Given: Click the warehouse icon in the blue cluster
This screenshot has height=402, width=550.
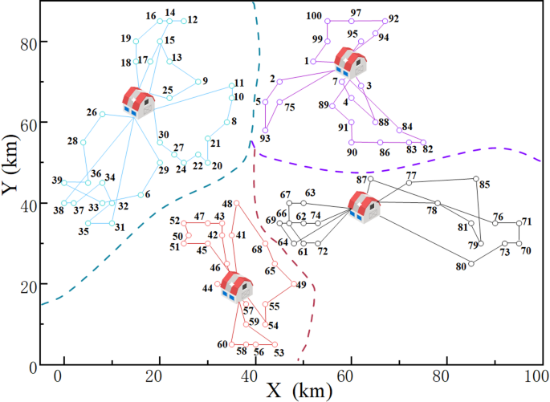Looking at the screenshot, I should tap(138, 103).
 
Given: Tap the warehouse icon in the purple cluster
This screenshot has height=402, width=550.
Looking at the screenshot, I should tap(349, 62).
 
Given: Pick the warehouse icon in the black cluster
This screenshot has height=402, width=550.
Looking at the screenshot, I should tap(364, 207).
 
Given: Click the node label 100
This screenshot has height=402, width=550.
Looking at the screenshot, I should tap(315, 16).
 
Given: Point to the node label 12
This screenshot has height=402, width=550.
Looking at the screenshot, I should tap(193, 19).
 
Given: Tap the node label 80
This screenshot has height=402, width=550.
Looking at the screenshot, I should tap(461, 267).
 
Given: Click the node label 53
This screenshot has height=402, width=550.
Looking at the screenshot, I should tap(279, 352).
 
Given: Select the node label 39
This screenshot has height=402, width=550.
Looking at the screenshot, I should tap(57, 181).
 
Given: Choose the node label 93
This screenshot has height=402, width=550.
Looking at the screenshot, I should tap(265, 139).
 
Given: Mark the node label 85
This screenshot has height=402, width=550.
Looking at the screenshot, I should tap(484, 185).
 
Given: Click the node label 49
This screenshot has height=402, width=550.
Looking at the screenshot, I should tap(301, 285).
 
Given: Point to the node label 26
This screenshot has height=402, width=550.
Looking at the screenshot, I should tap(92, 112).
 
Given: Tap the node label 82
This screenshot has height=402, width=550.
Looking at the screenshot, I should tap(427, 149).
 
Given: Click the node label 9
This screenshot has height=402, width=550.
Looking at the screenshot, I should tap(205, 80).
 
